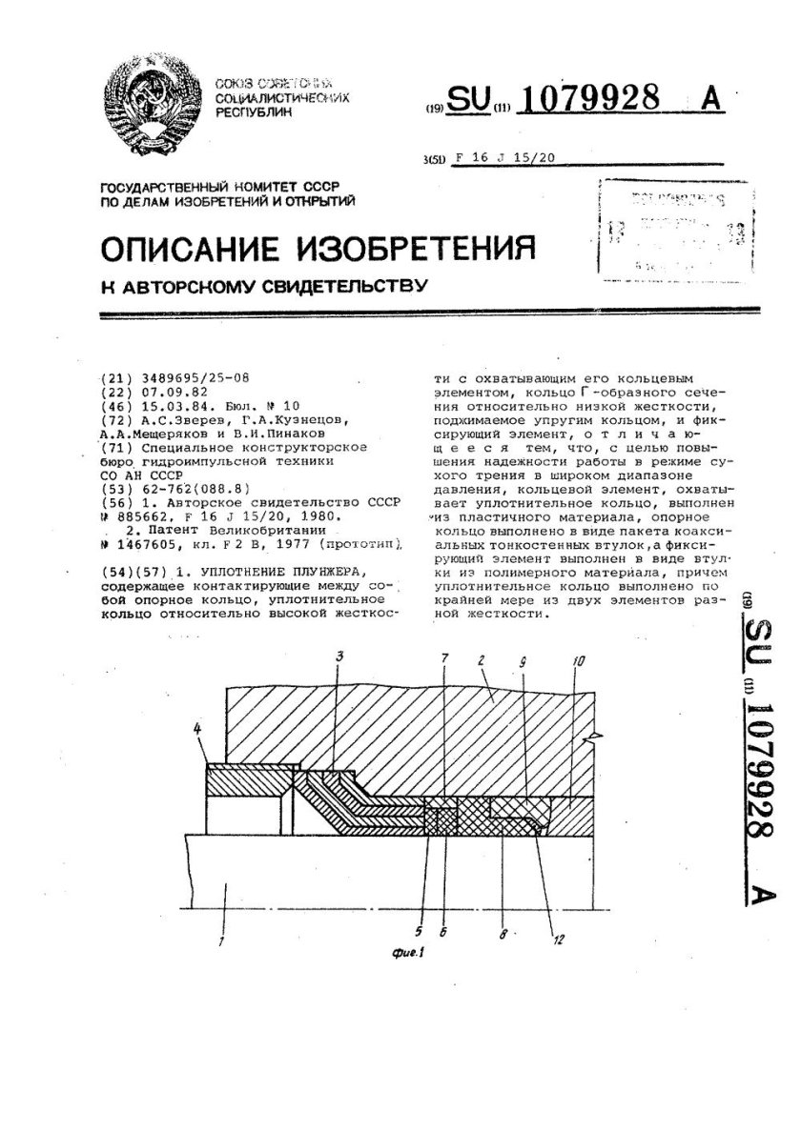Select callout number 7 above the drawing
click(x=445, y=659)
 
